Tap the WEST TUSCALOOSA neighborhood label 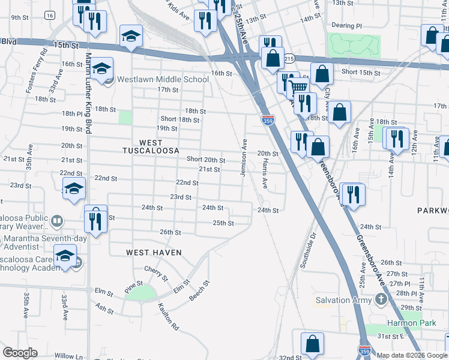tap(151, 146)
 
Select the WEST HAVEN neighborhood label tap(154, 253)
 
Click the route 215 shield tap(289, 59)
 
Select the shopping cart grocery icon tap(298, 88)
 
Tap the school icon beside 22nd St tap(74, 189)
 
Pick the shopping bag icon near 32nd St tap(312, 344)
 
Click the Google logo tap(20, 353)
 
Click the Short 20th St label tap(206, 160)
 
